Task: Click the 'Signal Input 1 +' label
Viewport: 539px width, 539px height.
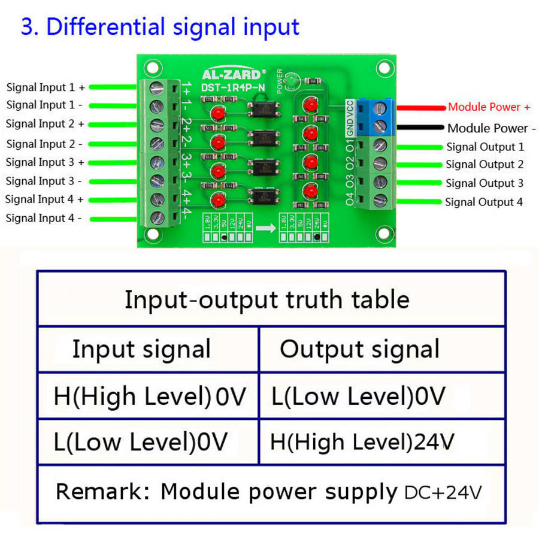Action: [x=46, y=87]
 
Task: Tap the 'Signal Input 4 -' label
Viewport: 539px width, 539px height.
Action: [x=44, y=219]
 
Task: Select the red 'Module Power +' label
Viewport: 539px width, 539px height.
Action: [x=489, y=107]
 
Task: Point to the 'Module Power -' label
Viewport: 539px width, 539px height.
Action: [x=489, y=128]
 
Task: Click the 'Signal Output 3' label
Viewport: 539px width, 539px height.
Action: [x=485, y=183]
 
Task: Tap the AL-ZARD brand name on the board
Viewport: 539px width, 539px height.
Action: [x=231, y=75]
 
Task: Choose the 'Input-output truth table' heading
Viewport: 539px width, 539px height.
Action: [x=267, y=299]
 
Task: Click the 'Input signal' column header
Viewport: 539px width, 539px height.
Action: [x=141, y=349]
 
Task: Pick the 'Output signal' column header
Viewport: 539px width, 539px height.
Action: [x=359, y=349]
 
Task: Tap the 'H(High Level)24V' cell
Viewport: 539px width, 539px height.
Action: [x=362, y=442]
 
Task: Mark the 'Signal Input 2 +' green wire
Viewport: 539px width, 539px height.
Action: [x=114, y=124]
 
